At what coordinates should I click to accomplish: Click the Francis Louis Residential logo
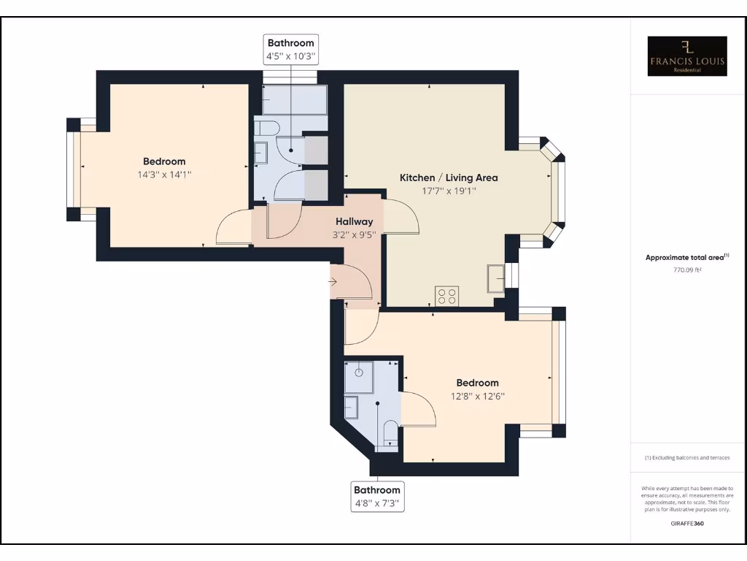tap(687, 56)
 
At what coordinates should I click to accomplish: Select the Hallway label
tap(355, 221)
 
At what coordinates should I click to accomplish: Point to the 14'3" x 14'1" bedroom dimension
tap(164, 175)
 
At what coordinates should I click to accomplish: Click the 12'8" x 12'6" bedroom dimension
tap(478, 396)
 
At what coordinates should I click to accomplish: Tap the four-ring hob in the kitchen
tap(446, 295)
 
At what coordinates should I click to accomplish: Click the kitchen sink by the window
tap(495, 278)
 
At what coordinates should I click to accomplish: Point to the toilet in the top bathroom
tap(267, 129)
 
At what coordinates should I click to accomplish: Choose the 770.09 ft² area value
tap(687, 270)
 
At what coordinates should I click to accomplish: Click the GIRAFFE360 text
tap(687, 523)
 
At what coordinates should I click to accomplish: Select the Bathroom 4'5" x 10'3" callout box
tap(290, 49)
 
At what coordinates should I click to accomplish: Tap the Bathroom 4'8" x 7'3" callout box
tap(377, 496)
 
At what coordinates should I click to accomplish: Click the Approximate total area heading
tap(687, 257)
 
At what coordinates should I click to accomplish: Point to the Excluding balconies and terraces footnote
tap(687, 458)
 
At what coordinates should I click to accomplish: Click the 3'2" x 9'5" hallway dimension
tap(355, 235)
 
